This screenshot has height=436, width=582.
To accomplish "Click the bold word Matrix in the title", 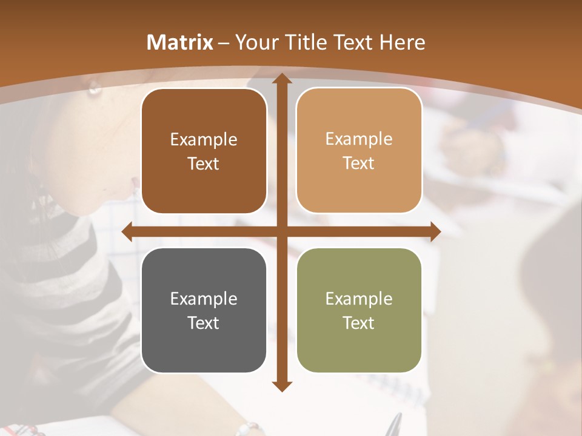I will point(180,42).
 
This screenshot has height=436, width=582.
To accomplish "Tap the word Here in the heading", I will point(402,42).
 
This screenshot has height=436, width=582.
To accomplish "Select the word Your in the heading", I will point(257,42).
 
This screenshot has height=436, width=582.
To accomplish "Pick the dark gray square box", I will point(204,351).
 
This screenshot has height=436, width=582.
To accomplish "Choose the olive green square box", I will point(359,351).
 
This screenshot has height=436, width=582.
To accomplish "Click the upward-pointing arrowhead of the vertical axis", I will point(281,79).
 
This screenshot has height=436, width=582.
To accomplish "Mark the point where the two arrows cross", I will point(281,231).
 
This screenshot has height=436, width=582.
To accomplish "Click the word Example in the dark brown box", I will point(204,139).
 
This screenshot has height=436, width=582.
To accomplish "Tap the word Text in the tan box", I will point(359,163).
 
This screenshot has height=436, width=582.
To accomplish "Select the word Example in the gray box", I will point(204,299).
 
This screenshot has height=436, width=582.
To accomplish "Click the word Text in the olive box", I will point(359,323).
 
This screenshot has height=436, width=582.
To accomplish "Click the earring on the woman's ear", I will point(94,89).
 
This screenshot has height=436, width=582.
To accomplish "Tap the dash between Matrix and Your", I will point(224,43).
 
